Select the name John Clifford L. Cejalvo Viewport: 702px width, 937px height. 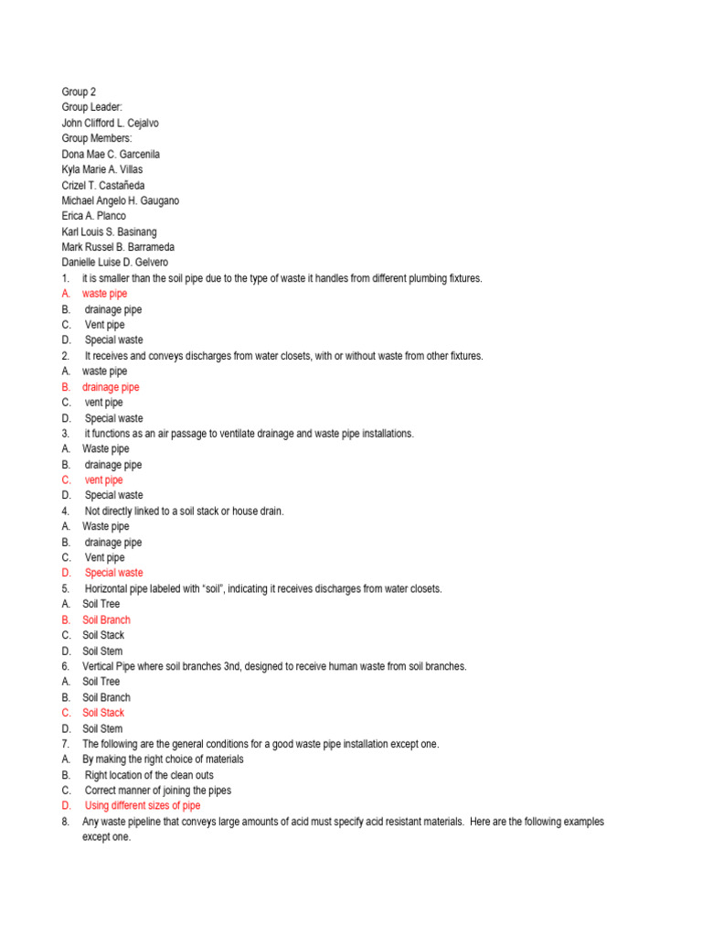[x=116, y=123]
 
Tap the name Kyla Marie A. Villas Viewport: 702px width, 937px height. [x=102, y=169]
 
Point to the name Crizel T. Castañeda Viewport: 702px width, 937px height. [x=103, y=185]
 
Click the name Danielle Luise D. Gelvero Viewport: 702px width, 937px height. [x=115, y=263]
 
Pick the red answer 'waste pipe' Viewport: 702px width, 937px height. [x=104, y=294]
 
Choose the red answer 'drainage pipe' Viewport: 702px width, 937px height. [x=111, y=387]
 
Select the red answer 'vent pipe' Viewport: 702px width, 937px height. [x=103, y=479]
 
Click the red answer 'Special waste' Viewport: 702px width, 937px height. [x=113, y=573]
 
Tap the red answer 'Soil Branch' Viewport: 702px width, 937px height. [x=106, y=619]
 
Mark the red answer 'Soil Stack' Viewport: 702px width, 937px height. [x=103, y=713]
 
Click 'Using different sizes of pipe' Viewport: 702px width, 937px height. [x=142, y=805]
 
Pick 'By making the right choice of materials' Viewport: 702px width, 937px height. [x=163, y=759]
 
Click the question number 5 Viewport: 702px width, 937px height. [x=65, y=588]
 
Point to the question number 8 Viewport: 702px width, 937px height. [x=65, y=822]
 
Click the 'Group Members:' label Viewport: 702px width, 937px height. [x=97, y=138]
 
